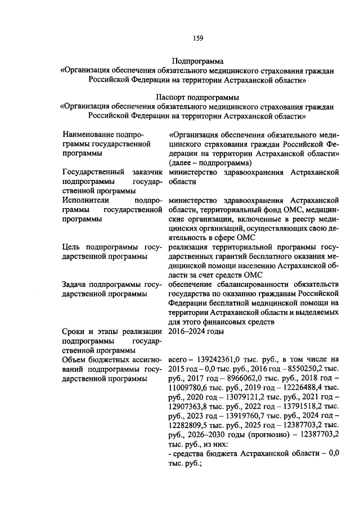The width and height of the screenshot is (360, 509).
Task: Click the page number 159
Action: [x=197, y=38]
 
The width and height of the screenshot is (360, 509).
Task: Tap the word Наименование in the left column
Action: [x=89, y=135]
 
